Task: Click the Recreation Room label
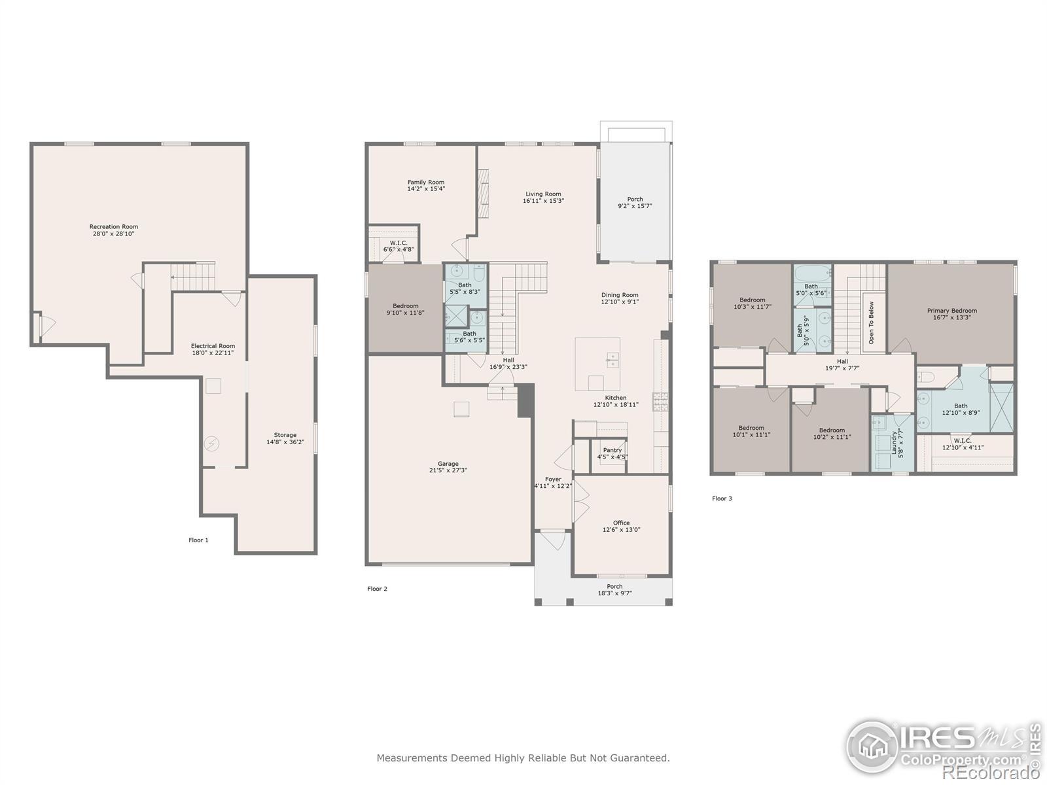click(113, 227)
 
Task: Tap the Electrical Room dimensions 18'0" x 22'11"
click(213, 353)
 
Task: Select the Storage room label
click(285, 435)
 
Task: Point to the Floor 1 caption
click(198, 540)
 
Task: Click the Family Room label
click(426, 182)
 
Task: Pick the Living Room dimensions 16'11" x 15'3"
click(543, 201)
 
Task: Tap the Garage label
click(448, 464)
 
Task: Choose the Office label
click(621, 523)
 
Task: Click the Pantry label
click(612, 450)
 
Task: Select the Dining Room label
click(620, 295)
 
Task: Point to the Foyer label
click(554, 480)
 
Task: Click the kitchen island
click(597, 364)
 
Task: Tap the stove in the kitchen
click(661, 401)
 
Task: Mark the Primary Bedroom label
click(952, 311)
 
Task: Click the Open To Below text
click(872, 323)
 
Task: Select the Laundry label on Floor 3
click(895, 442)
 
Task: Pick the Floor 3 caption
click(722, 498)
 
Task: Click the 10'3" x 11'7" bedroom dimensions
click(753, 307)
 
